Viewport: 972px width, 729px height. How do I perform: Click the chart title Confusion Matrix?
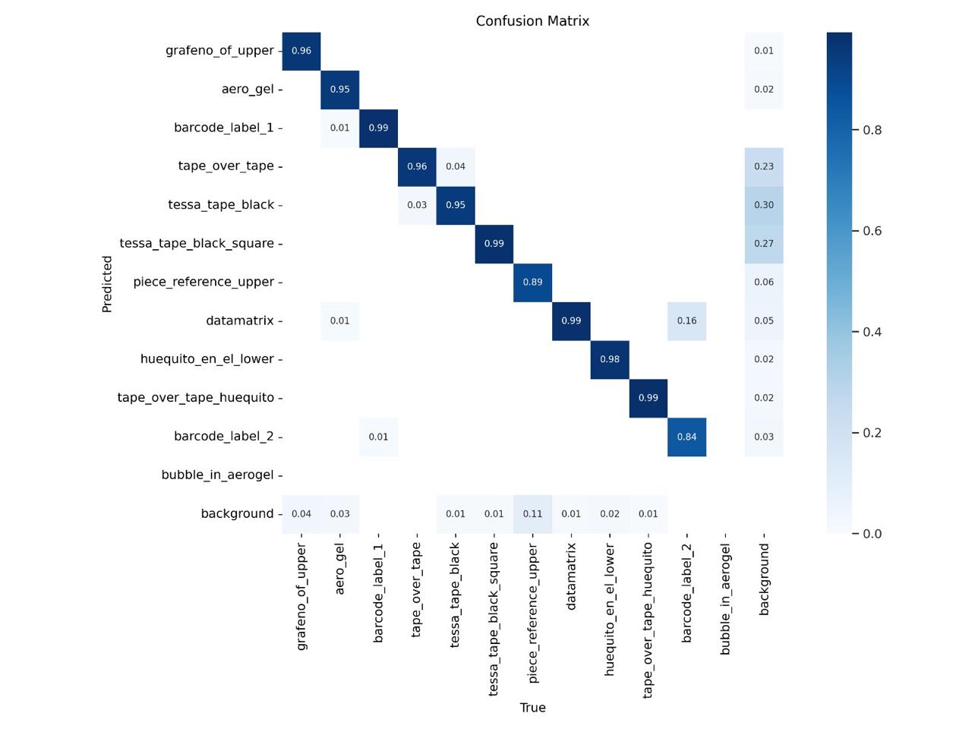tap(532, 21)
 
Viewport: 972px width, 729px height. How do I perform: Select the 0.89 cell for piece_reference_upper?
tap(532, 282)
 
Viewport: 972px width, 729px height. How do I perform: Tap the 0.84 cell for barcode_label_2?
tap(686, 437)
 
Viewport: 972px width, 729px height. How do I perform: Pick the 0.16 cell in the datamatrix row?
tap(686, 320)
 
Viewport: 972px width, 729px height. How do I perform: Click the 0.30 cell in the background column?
tap(764, 205)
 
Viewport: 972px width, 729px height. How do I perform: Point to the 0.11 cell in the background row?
tap(532, 513)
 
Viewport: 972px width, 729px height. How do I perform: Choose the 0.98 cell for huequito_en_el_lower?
tap(610, 359)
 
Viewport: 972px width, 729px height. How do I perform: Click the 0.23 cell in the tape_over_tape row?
tap(764, 166)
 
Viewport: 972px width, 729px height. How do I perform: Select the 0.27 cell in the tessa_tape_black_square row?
tap(764, 244)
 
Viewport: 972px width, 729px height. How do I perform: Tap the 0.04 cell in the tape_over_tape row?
tap(456, 166)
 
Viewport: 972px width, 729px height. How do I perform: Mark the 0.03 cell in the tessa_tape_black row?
tap(417, 205)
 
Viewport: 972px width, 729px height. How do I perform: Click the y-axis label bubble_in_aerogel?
tap(217, 475)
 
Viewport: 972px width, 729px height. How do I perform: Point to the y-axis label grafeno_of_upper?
tap(219, 50)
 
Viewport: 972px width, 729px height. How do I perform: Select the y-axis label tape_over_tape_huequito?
tap(195, 397)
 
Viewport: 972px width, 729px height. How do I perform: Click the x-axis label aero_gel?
tap(339, 569)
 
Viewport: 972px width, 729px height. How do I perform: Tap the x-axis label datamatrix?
tap(571, 576)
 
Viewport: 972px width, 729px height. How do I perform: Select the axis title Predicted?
tap(107, 283)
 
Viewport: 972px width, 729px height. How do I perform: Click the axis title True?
tap(532, 708)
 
